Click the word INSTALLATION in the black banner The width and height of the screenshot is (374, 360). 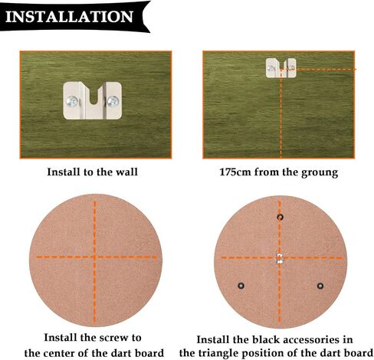[x=69, y=17]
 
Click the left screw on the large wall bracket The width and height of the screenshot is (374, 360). [x=72, y=102]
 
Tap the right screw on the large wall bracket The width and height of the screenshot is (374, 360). [x=113, y=101]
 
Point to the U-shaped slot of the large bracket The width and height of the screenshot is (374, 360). [x=95, y=95]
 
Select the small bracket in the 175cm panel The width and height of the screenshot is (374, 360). [x=281, y=68]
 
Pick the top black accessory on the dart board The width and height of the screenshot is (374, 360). [x=280, y=217]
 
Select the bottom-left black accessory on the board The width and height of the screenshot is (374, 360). [x=241, y=286]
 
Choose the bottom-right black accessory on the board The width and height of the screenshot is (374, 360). [x=320, y=286]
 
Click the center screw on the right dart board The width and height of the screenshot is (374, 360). [x=280, y=259]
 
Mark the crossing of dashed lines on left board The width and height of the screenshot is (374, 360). [x=94, y=257]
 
